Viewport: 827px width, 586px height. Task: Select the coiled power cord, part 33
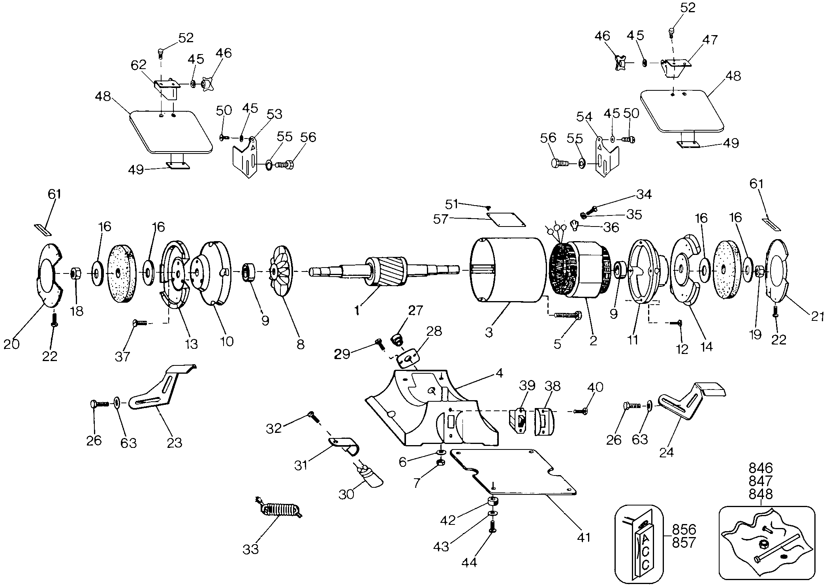click(x=280, y=510)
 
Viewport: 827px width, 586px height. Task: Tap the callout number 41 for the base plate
click(x=583, y=537)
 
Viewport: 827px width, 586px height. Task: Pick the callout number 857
click(x=684, y=543)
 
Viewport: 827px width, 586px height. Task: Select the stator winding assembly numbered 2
click(x=579, y=270)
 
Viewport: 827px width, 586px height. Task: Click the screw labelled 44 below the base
click(x=492, y=526)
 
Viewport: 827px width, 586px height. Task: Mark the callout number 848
click(x=761, y=494)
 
